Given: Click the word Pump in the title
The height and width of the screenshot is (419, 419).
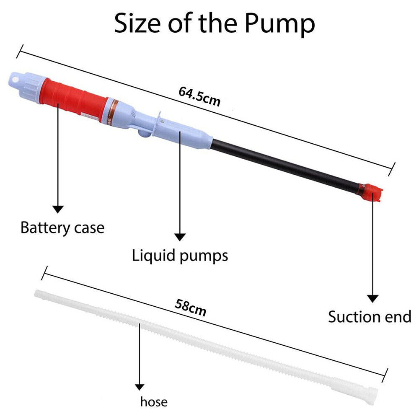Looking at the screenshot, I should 279,24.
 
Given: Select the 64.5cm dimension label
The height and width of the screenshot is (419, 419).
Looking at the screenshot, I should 199,97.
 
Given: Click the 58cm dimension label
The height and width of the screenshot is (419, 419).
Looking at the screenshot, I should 190,308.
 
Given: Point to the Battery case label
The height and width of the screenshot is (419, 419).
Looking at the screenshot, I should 62,228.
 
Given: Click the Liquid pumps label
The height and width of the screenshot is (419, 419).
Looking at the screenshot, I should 180,255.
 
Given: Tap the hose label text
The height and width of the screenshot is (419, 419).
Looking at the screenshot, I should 154,402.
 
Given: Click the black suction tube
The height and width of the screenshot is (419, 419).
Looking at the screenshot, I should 285,163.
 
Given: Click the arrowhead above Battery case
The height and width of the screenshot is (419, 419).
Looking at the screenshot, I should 58,209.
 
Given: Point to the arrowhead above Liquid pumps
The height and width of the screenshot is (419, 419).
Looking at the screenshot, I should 180,237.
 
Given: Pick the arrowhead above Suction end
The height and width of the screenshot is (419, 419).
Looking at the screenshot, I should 372,298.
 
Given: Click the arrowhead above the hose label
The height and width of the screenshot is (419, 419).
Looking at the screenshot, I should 139,387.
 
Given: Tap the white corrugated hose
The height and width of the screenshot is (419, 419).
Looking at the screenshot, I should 209,339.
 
